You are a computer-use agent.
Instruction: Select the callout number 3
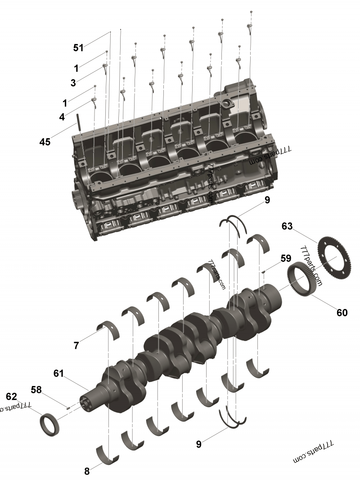click(73, 83)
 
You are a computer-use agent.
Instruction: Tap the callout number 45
click(45, 142)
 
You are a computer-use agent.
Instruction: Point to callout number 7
click(76, 345)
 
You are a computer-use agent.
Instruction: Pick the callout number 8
click(87, 471)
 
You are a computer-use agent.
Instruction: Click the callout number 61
click(58, 373)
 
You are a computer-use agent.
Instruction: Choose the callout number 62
click(11, 396)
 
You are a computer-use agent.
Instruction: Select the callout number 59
click(286, 259)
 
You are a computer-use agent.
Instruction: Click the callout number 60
click(342, 312)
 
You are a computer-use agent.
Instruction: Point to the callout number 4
click(62, 117)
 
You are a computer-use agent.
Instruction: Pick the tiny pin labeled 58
click(67, 408)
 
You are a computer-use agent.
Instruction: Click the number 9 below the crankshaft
click(199, 444)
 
